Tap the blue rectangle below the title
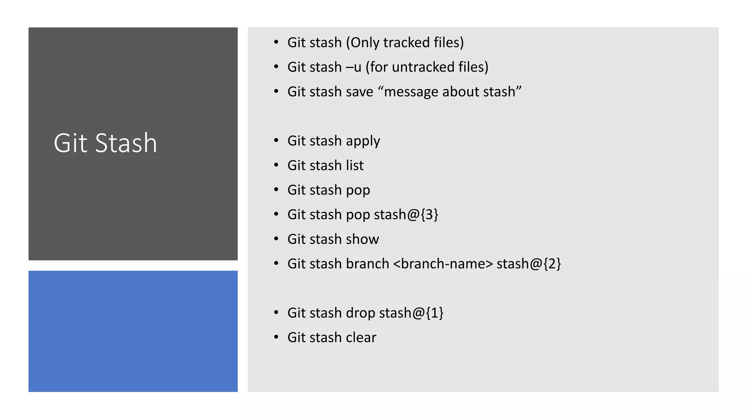(133, 331)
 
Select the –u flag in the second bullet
(353, 67)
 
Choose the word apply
(363, 141)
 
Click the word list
(355, 166)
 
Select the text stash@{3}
(406, 214)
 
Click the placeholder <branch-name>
(443, 264)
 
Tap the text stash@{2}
(529, 264)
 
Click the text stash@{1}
(411, 313)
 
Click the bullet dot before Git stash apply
(276, 141)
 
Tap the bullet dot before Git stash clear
(276, 337)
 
